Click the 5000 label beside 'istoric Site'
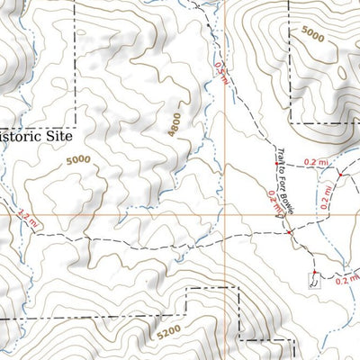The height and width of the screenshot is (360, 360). tap(78, 160)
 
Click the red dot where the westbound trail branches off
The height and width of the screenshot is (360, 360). tap(289, 233)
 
